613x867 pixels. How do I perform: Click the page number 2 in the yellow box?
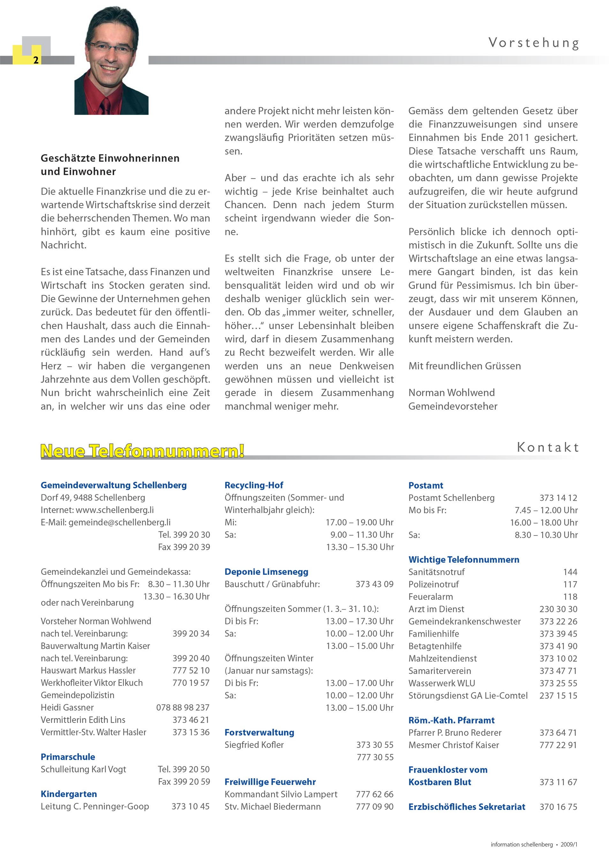[x=36, y=60]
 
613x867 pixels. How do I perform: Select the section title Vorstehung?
[x=534, y=43]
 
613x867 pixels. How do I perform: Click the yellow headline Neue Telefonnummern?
[x=142, y=451]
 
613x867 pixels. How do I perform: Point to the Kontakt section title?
[x=547, y=447]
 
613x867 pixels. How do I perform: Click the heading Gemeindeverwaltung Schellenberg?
[x=114, y=485]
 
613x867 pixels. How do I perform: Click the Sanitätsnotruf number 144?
[x=570, y=572]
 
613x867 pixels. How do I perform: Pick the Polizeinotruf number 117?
[x=570, y=584]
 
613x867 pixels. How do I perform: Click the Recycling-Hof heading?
[x=254, y=485]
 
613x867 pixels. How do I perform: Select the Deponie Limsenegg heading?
[x=266, y=572]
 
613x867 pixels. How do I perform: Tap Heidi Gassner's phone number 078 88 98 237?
[x=183, y=707]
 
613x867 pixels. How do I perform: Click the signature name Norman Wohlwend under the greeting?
[x=451, y=393]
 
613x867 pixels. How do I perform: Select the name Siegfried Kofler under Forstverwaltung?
[x=254, y=745]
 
